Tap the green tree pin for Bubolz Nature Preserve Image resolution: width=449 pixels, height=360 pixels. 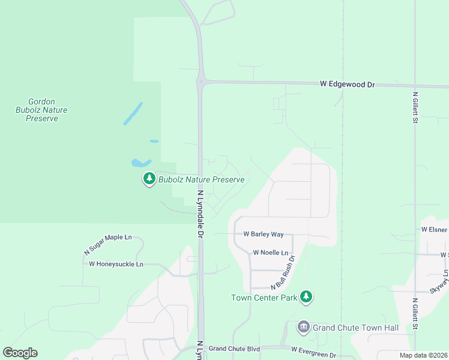click(149, 179)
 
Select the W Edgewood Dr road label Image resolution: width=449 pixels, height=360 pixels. click(347, 85)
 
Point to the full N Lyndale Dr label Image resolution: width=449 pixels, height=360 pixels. click(201, 214)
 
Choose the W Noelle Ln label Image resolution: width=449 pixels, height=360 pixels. click(271, 253)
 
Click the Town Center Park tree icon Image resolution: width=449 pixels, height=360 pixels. click(306, 296)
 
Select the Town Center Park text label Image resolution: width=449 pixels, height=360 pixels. click(264, 298)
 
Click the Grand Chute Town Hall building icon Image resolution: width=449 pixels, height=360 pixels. click(304, 327)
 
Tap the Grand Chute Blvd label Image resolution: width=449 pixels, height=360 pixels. click(234, 349)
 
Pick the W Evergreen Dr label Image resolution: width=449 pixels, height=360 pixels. click(314, 349)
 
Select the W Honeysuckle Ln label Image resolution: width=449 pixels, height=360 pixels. click(116, 264)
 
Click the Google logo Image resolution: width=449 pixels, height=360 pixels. click(20, 353)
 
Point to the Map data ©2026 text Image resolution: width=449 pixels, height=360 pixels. click(424, 355)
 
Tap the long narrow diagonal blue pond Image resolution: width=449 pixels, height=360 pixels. click(133, 113)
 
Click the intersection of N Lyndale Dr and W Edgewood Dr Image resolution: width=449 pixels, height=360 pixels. click(201, 82)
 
